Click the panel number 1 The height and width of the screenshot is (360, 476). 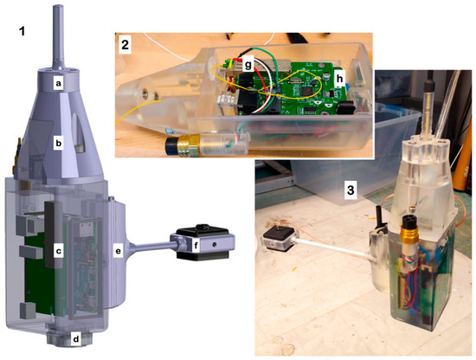(x=22, y=31)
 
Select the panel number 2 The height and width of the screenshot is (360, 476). (x=125, y=45)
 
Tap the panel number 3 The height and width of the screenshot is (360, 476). (x=351, y=190)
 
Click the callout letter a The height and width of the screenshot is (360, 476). (x=58, y=83)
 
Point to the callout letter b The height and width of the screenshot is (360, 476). (x=58, y=143)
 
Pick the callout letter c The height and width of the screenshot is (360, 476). (x=58, y=251)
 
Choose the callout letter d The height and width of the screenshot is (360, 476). (x=76, y=338)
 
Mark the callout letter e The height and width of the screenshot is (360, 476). (x=118, y=251)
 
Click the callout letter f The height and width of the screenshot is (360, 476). (x=196, y=245)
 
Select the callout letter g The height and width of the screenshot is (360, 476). (x=248, y=65)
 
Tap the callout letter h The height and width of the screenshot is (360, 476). (x=340, y=79)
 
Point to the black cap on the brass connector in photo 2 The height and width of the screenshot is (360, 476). (x=171, y=145)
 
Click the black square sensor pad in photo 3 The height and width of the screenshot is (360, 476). (x=279, y=236)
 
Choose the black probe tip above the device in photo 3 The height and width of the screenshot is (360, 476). (x=429, y=82)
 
